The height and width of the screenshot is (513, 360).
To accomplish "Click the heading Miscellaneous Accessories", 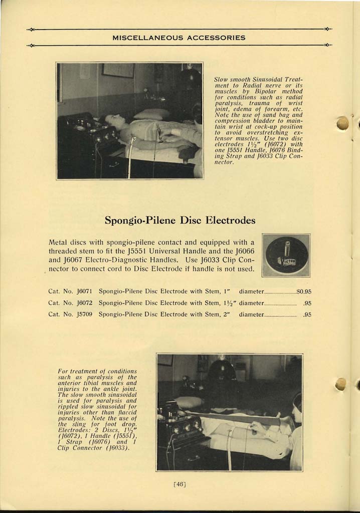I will [x=179, y=38].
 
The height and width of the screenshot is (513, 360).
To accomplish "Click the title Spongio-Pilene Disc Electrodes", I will [x=180, y=220].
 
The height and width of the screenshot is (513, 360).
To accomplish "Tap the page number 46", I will [x=179, y=484].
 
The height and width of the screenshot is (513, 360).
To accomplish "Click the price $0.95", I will [x=304, y=291].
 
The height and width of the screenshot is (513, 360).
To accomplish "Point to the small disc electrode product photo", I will [x=286, y=255].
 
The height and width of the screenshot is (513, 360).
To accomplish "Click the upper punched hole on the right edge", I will [x=342, y=123].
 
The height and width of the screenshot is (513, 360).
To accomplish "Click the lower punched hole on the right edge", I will [x=340, y=384].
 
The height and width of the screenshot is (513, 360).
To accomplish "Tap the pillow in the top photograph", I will [x=151, y=114].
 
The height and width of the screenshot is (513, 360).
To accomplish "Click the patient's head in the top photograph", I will [x=111, y=121].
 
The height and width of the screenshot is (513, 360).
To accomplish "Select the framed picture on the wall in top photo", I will [x=118, y=70].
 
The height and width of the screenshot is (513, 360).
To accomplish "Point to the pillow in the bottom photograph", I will [x=189, y=402].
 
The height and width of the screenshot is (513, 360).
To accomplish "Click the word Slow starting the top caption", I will [x=221, y=79].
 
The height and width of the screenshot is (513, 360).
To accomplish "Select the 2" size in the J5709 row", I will [x=226, y=315].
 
